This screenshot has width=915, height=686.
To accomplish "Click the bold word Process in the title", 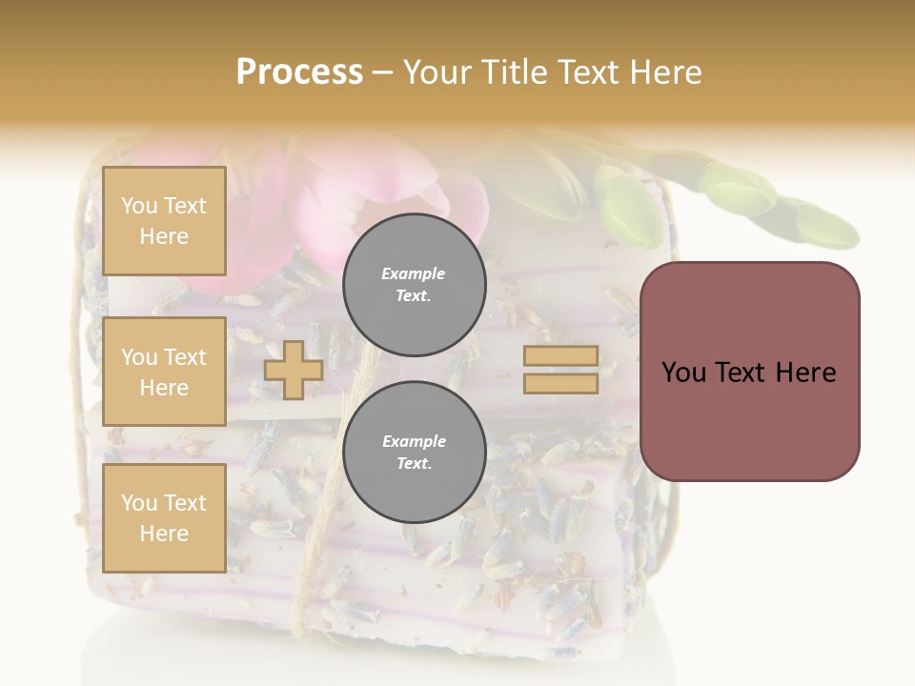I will [x=299, y=72].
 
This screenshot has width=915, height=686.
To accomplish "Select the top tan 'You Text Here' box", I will [x=164, y=221].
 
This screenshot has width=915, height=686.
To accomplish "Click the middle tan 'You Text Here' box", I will [x=164, y=372].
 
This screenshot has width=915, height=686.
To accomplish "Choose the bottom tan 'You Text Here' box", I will [x=164, y=518].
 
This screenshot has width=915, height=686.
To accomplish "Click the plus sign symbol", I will [x=293, y=370].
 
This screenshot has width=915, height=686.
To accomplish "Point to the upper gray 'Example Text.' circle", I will [x=414, y=285].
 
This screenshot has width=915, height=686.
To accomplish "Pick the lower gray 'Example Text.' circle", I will [x=414, y=453].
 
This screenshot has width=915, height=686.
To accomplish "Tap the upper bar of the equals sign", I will [x=561, y=356].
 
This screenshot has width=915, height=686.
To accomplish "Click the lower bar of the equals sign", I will [x=561, y=383].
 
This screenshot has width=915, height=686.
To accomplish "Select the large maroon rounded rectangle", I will [x=749, y=371].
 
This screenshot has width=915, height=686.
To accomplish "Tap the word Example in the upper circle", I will [x=414, y=273].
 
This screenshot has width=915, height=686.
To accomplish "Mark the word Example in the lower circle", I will [x=414, y=441].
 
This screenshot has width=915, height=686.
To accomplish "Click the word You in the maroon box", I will [x=683, y=373].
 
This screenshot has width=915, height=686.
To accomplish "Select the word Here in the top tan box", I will [x=164, y=236].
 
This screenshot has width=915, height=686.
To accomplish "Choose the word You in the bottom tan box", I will [x=138, y=503].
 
